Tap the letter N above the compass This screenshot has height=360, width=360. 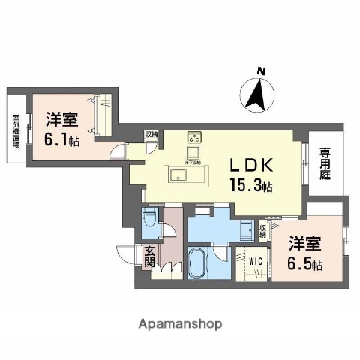click(262, 71)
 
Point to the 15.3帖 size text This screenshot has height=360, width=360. click(250, 185)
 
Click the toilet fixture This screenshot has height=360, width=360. click(148, 220)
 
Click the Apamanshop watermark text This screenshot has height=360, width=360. click(179, 324)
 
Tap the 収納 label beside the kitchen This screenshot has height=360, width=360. click(151, 135)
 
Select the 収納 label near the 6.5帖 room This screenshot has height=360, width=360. click(263, 230)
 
